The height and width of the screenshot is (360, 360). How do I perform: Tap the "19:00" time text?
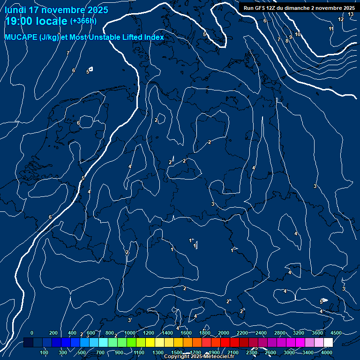18,21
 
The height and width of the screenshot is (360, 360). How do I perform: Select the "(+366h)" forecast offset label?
83,21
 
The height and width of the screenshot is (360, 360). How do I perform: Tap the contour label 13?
351,15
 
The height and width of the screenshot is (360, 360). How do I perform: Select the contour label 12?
341,19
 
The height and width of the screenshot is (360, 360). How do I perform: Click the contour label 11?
331,29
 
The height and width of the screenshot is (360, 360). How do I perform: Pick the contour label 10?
298,35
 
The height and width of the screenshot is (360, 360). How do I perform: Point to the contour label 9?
291,37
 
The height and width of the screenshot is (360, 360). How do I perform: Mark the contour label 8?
286,41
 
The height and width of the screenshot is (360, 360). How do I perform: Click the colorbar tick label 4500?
336,333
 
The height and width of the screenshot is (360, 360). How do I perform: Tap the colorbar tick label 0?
32,333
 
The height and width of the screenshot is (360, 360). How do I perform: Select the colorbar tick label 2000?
224,333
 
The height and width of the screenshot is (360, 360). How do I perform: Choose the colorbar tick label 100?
44,352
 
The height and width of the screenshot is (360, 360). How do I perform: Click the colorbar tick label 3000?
289,352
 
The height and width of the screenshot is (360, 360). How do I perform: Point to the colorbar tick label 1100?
139,352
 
